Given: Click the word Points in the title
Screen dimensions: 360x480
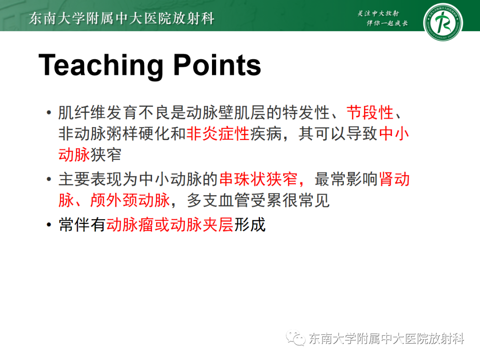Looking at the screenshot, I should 217,65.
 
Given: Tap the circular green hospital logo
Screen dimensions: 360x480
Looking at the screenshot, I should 443,22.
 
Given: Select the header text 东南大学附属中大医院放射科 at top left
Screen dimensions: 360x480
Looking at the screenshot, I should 121,19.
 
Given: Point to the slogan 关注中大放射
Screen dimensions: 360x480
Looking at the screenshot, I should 378,13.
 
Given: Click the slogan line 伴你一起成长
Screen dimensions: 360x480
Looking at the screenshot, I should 387,24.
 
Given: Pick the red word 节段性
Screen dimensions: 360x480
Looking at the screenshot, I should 370,113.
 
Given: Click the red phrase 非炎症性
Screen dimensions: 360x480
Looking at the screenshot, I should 218,134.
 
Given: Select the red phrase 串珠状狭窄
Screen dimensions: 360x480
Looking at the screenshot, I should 259,180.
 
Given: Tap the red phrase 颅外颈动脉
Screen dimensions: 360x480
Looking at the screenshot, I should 130,200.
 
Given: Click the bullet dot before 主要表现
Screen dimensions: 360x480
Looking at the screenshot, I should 48,180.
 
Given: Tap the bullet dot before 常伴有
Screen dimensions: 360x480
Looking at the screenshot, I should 48,225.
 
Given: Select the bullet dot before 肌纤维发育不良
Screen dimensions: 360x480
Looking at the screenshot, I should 48,114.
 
